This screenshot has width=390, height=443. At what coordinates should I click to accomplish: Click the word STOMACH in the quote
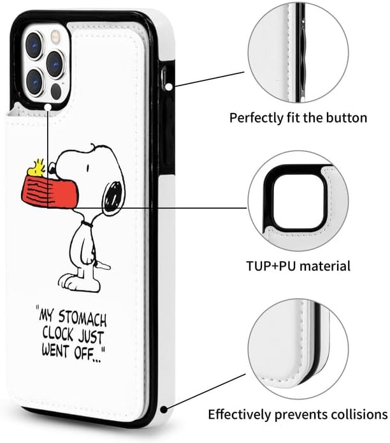tap(83, 315)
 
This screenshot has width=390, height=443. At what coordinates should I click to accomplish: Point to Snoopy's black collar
tap(89, 225)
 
